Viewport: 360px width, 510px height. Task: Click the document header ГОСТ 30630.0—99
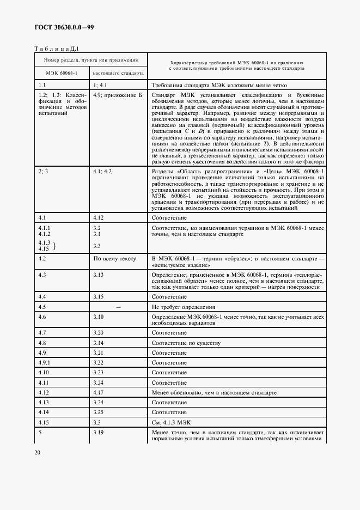[63, 27]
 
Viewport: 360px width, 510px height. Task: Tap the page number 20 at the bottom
[38, 452]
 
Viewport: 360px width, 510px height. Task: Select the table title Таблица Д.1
[58, 48]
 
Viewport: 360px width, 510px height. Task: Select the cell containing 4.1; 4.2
[102, 172]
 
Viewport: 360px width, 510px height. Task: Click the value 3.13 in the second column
[99, 275]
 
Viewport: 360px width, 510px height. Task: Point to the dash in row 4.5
[118, 307]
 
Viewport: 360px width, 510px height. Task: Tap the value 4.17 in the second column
[99, 392]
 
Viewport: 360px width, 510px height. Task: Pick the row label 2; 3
[44, 172]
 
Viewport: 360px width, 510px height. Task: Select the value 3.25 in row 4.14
[99, 412]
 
